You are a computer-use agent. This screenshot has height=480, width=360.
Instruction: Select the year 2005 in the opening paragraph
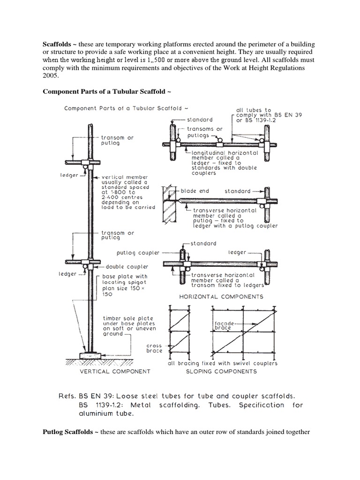[51, 76]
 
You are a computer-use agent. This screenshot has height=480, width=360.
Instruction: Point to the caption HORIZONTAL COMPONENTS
[221, 297]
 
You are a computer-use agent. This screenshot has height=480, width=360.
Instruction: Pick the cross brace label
[154, 348]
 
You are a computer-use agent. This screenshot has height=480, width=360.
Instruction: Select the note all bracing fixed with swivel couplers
[223, 363]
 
